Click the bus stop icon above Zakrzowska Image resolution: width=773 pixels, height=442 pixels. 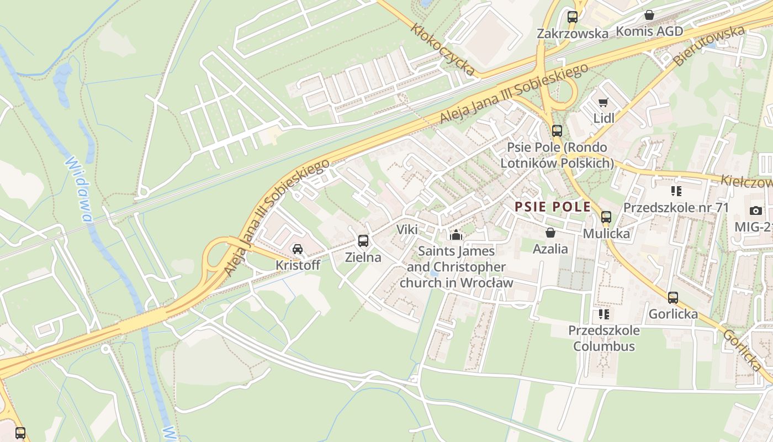(x=573, y=17)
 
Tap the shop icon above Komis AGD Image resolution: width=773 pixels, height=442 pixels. (x=649, y=15)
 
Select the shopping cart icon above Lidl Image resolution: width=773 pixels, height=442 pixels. (x=603, y=102)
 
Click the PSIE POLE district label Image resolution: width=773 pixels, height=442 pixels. (x=553, y=207)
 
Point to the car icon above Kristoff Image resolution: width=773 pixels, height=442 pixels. (x=298, y=249)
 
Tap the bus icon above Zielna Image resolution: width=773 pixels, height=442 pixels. (x=363, y=241)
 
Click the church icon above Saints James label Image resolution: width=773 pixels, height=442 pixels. (x=456, y=235)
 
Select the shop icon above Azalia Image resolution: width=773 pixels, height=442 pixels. (x=550, y=233)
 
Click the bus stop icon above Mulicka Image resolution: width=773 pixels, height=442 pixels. (x=606, y=217)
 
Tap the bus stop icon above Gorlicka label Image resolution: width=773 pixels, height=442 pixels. (x=673, y=298)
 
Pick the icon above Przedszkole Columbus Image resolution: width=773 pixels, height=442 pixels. (x=603, y=314)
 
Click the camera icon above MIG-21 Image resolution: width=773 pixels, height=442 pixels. (x=756, y=211)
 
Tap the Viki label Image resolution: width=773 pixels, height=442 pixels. (x=407, y=230)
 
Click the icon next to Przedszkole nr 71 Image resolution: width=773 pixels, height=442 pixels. (x=676, y=191)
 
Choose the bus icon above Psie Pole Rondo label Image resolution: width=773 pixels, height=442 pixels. (x=557, y=131)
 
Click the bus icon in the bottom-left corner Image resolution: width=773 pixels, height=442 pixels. (x=20, y=433)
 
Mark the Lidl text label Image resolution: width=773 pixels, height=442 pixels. (x=603, y=118)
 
